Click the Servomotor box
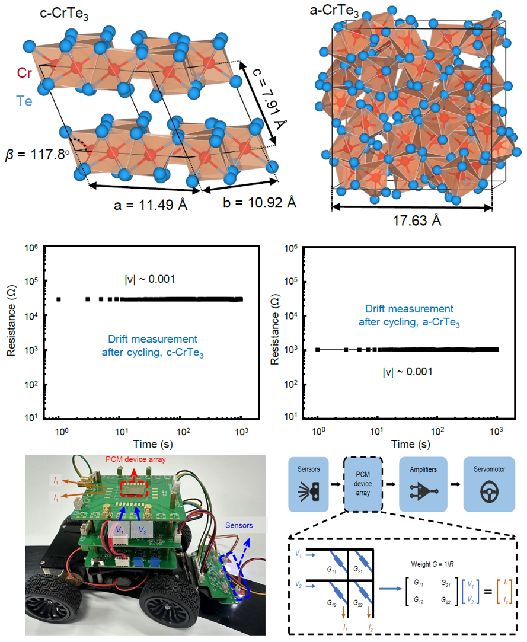click(x=490, y=484)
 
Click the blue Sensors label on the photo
click(x=240, y=525)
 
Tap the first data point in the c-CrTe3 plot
click(x=59, y=299)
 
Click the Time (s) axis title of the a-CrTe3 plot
click(x=407, y=444)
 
